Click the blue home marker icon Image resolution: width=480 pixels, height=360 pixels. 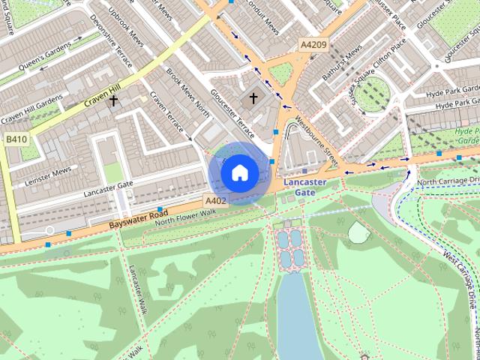coord(239,172)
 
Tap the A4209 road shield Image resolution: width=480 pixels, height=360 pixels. coord(313,45)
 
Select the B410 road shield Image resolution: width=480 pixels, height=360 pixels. coord(16,139)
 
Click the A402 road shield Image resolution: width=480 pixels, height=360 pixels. coord(215,200)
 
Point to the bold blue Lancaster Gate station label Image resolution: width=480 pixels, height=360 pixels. coord(304,187)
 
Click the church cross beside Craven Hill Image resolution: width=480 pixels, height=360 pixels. coord(114,100)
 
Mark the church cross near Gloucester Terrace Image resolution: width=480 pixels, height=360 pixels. coord(253,97)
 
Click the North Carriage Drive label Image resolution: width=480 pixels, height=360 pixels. coord(448,181)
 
